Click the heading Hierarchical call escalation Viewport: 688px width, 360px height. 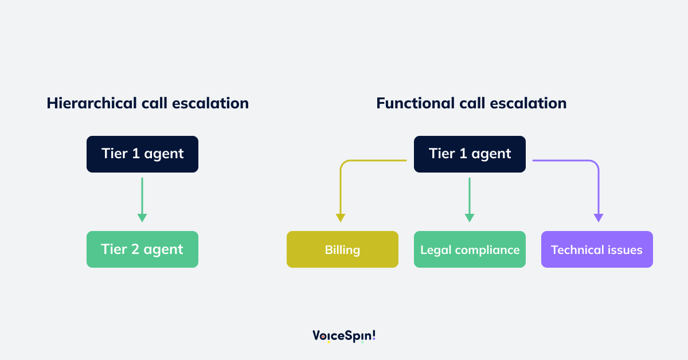[147, 103]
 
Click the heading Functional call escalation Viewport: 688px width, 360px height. [471, 103]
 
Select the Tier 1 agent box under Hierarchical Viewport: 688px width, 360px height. [142, 154]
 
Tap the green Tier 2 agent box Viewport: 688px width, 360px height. [142, 249]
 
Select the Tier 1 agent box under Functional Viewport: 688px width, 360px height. [470, 154]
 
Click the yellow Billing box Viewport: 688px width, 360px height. [342, 249]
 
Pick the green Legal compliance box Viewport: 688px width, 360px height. [470, 249]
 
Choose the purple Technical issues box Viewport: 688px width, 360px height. [597, 249]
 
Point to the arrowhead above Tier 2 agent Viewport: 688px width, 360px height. [142, 218]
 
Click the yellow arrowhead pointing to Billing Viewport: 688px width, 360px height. [341, 218]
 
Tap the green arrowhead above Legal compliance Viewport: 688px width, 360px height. [470, 218]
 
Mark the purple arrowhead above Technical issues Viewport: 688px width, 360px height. [599, 218]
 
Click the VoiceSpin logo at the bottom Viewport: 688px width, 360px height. [344, 335]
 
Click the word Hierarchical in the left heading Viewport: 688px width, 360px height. [92, 103]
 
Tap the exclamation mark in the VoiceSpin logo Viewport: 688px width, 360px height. [373, 335]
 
